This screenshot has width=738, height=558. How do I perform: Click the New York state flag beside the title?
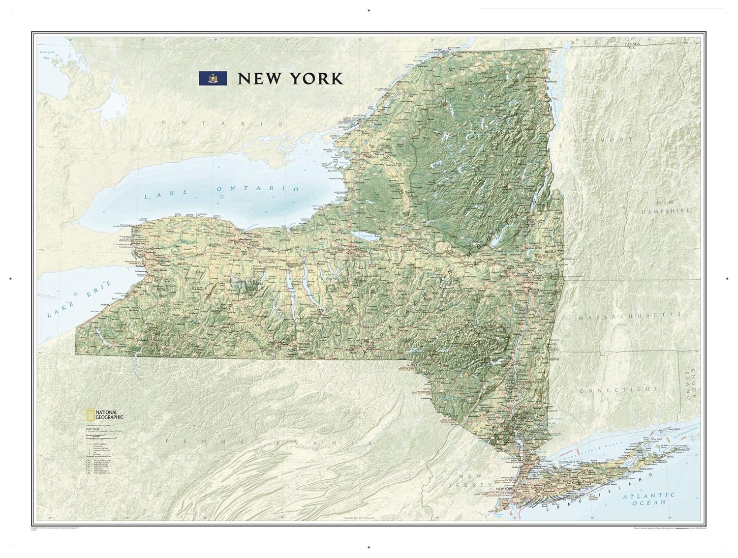click(x=213, y=78)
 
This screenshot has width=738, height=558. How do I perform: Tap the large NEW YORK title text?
click(x=290, y=79)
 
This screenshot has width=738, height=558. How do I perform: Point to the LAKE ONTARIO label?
click(x=221, y=191)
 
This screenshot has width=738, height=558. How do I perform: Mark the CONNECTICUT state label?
click(x=607, y=390)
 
